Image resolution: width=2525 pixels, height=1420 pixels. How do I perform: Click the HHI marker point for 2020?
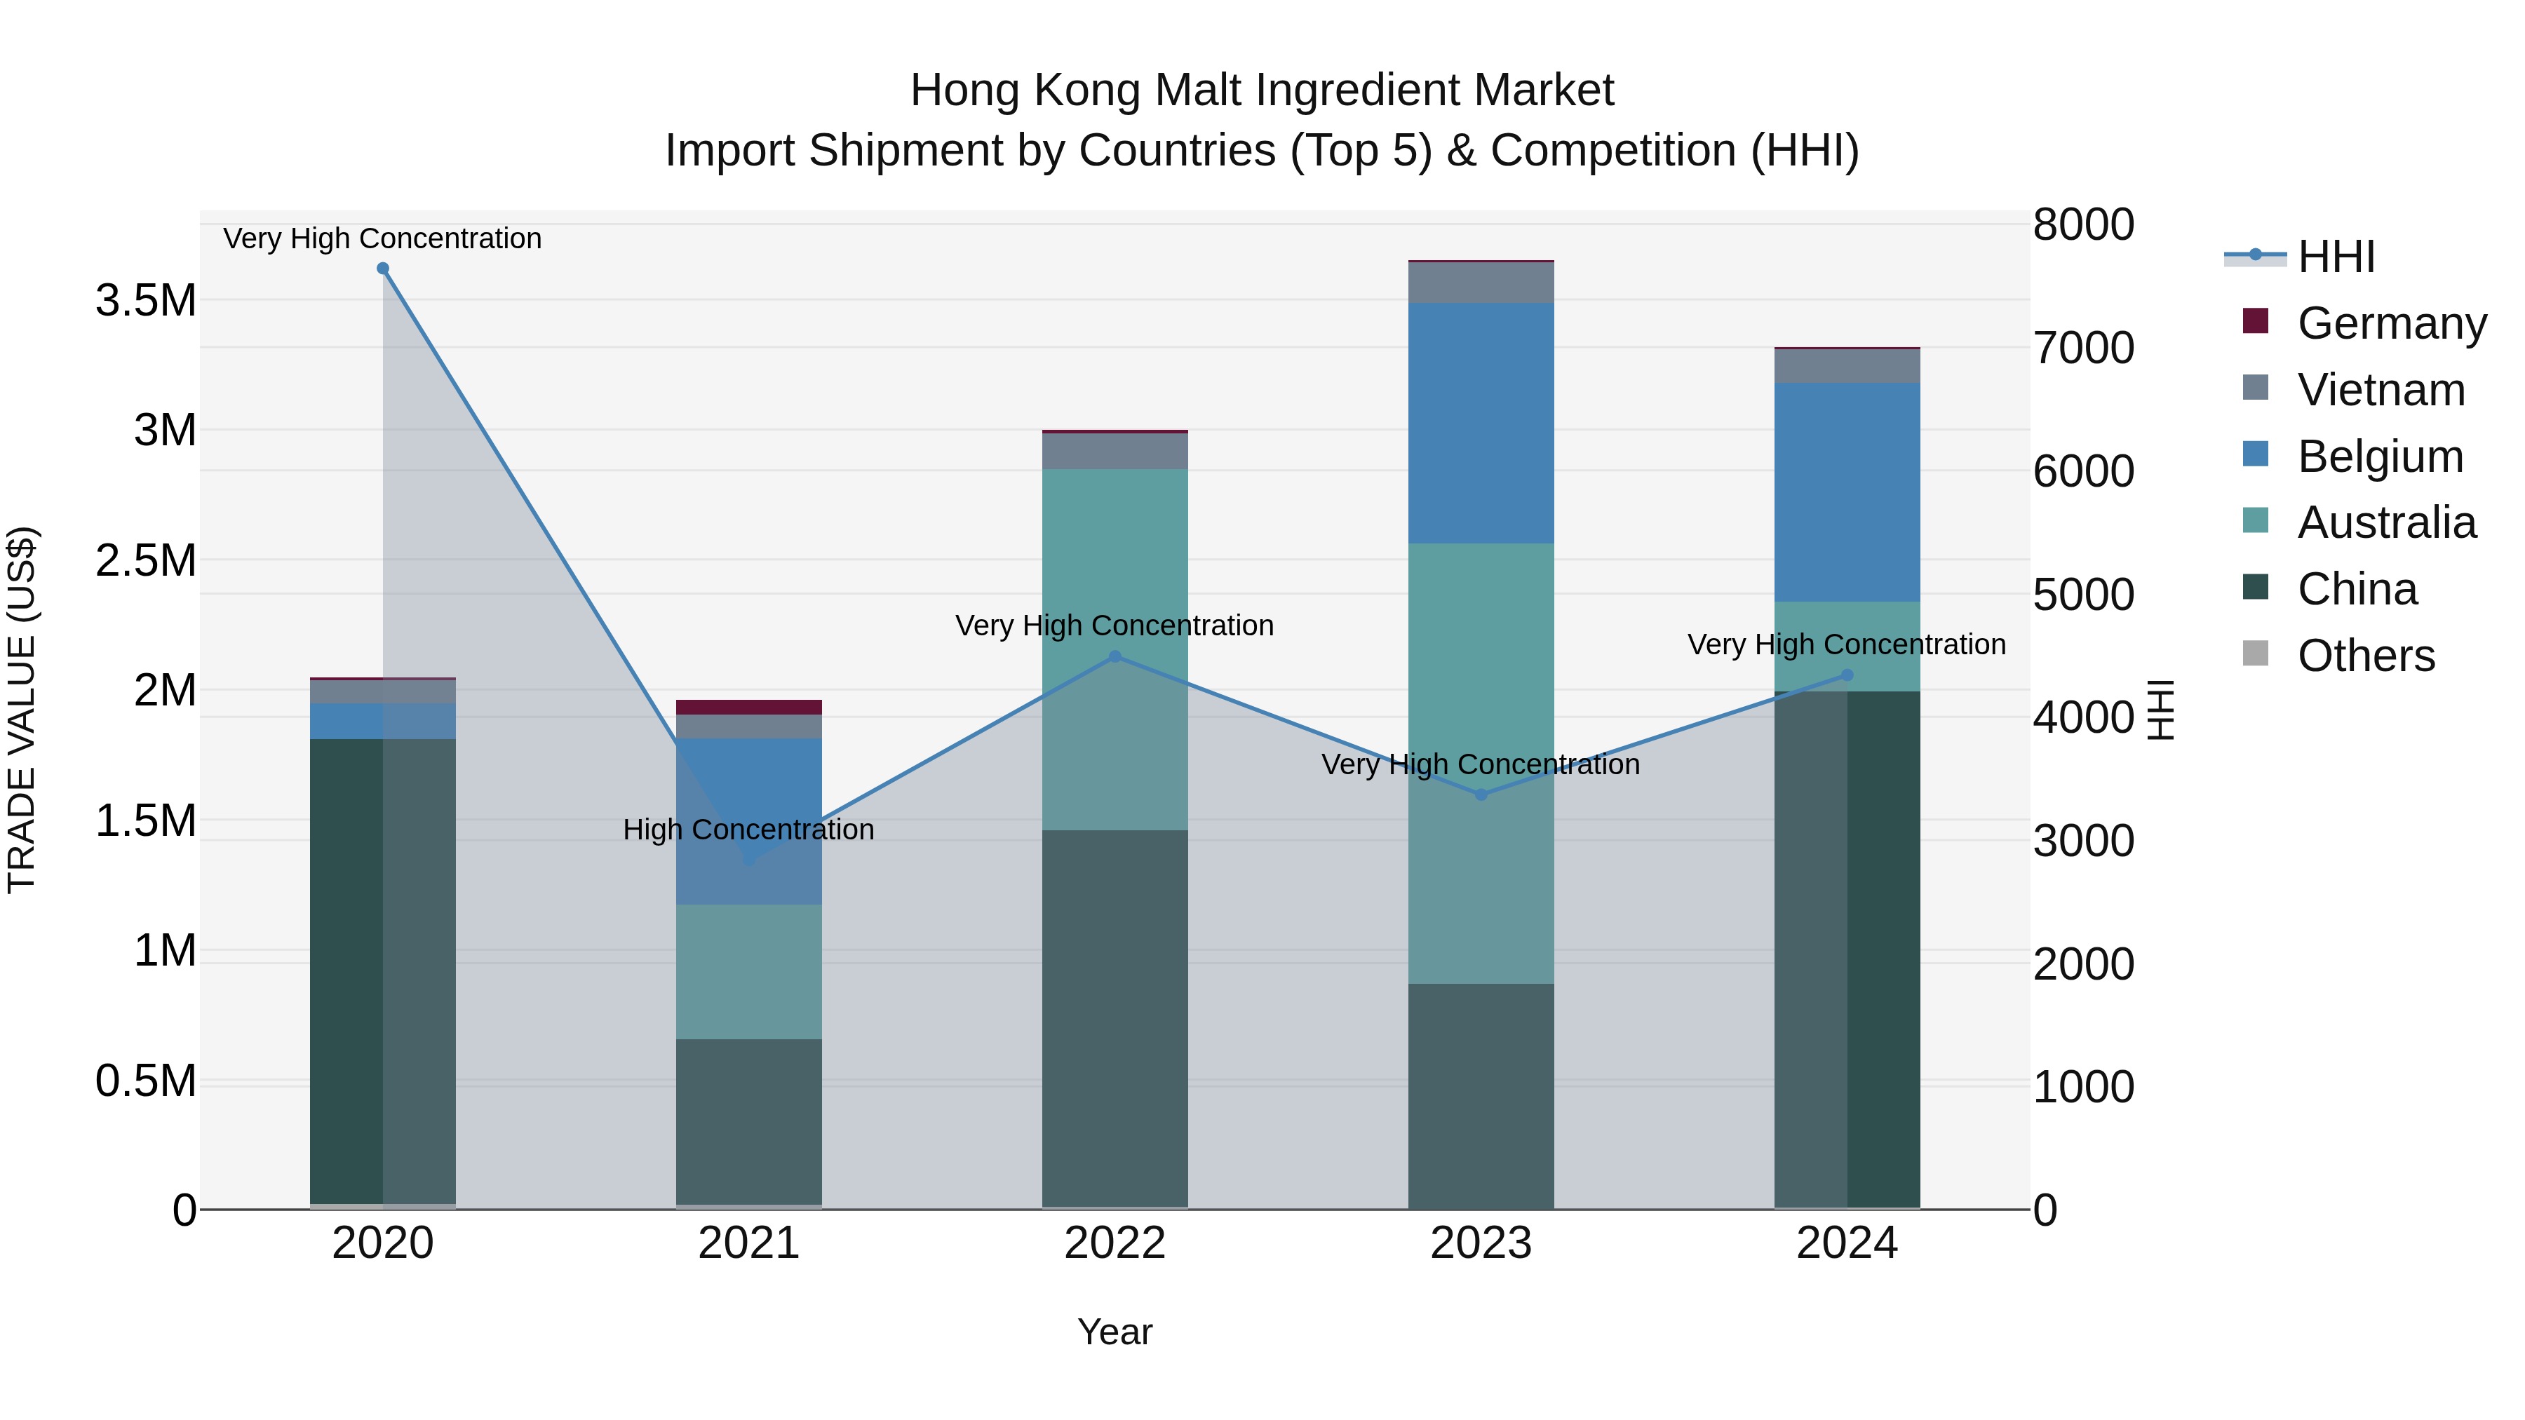point(383,269)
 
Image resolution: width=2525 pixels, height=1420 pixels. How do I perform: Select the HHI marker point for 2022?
point(1115,656)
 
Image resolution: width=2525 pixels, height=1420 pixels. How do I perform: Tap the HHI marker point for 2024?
point(1847,675)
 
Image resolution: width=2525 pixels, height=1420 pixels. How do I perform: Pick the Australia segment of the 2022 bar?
point(1115,647)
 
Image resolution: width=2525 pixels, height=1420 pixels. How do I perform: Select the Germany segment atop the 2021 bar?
point(749,708)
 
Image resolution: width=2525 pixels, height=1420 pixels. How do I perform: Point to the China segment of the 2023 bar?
point(1481,1095)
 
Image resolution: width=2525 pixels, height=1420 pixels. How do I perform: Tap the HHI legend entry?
point(2335,257)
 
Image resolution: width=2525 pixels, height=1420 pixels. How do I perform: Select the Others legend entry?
point(2365,656)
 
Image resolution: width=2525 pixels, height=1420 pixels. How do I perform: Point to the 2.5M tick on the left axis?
point(146,560)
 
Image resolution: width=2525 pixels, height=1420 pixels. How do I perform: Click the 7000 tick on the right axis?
point(2083,348)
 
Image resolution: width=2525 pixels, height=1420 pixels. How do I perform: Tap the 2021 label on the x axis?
point(749,1243)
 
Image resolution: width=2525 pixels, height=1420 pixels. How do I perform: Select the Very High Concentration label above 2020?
point(382,238)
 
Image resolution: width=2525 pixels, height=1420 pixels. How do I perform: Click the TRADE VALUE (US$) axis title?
point(22,710)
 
